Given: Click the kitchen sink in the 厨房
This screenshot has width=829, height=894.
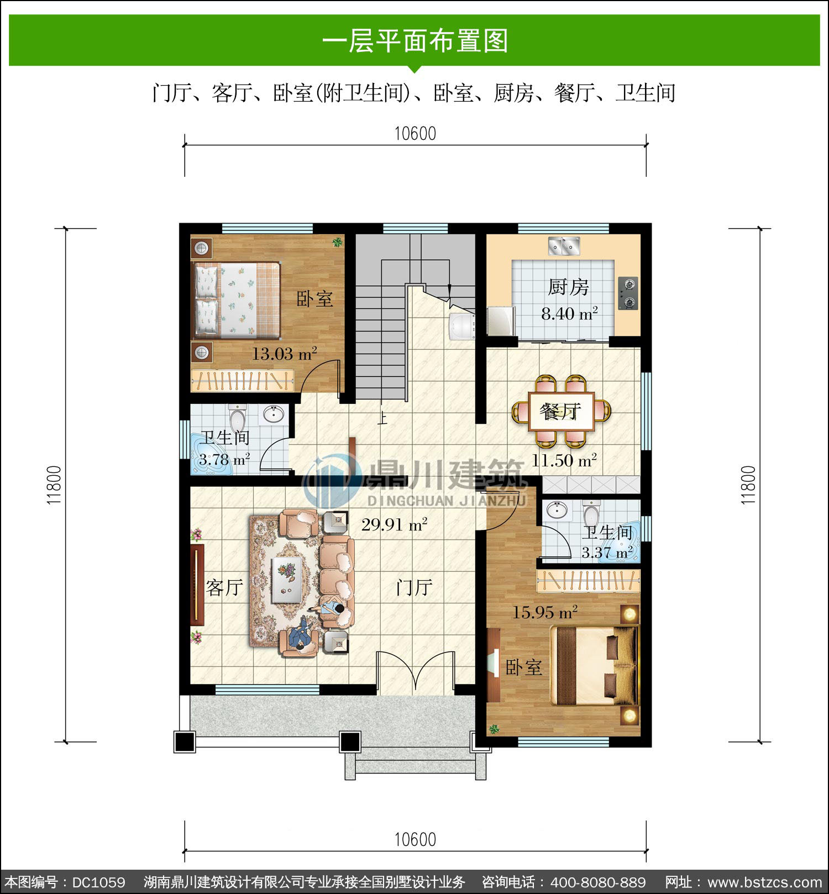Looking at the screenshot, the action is (564, 245).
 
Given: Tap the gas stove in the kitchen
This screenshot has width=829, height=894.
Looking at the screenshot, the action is (628, 293).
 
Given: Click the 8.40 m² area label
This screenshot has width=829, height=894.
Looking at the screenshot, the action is (569, 314).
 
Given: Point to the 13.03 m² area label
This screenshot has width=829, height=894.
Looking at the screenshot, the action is (285, 354).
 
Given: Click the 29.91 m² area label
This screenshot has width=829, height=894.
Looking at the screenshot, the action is (395, 524).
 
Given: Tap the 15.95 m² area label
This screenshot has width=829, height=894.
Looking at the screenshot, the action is (545, 612).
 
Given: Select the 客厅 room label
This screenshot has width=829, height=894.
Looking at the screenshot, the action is (224, 587).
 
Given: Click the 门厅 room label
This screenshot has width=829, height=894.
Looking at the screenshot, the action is (414, 587).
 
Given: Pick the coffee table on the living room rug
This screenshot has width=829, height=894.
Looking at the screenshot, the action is (286, 579).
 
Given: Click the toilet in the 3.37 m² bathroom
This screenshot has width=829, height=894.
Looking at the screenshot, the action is (591, 514).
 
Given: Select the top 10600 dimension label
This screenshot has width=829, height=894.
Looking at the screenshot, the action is (415, 134).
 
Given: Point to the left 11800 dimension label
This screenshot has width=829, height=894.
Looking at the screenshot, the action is (54, 485).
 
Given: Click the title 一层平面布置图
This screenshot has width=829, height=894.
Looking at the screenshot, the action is (415, 41).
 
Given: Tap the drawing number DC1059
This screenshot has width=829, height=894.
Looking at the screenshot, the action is (98, 882).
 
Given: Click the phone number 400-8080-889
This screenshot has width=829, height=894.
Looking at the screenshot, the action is (599, 882).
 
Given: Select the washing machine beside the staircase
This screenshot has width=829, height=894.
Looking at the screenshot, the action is (462, 326).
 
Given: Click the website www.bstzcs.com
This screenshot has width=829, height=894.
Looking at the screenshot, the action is (765, 882).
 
